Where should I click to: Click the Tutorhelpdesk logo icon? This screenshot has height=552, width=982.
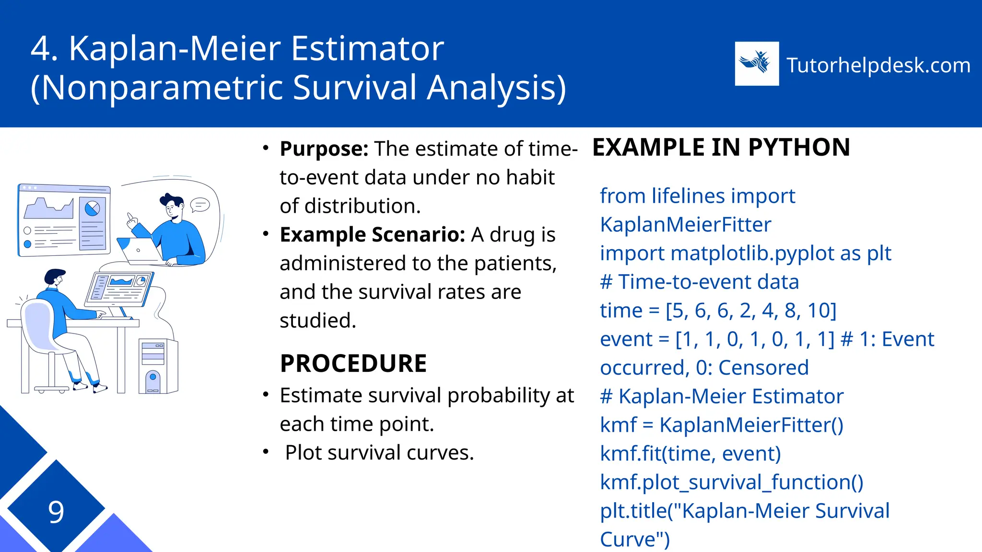coord(757,64)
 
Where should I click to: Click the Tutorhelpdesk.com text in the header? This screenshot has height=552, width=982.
coord(878,65)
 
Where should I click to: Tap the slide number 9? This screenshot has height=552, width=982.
coord(56,512)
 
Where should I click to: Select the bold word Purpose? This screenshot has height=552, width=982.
coord(324,149)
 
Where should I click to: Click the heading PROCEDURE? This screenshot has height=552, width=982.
coord(353,363)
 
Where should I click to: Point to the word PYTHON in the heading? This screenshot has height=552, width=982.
coord(799,148)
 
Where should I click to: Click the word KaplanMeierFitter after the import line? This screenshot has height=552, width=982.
coord(686,225)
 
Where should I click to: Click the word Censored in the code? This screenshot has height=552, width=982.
coord(763,368)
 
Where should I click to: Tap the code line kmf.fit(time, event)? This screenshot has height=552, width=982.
coord(690,454)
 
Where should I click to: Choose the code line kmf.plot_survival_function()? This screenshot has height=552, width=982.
coord(732,483)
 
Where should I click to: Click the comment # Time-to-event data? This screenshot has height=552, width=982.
coord(699,282)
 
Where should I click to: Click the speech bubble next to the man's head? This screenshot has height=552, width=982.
coord(200,205)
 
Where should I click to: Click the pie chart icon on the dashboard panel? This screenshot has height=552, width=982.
coord(92,208)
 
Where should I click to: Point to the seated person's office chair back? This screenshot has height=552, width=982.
coord(38,326)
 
